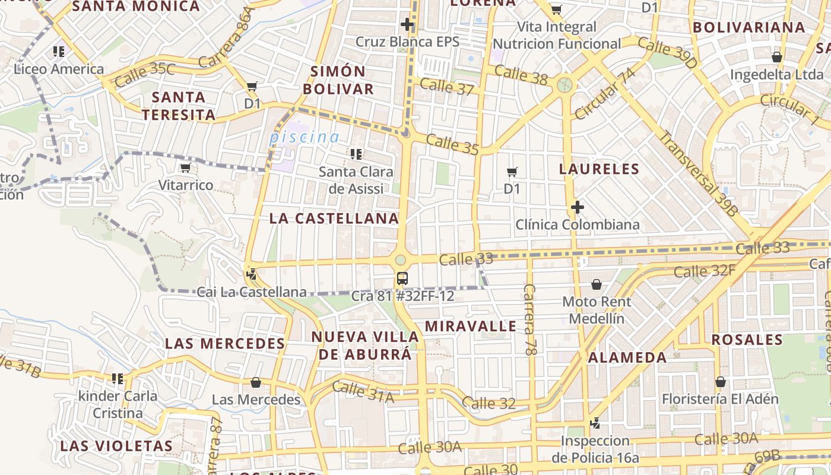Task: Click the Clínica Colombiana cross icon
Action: coord(577,207)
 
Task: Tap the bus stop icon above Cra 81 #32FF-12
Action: coord(402,278)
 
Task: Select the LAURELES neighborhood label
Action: coord(599,169)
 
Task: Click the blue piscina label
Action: coord(305,137)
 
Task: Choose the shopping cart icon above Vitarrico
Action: coord(185,168)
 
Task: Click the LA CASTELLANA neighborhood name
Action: coord(334,218)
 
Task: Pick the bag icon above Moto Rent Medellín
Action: coord(597,285)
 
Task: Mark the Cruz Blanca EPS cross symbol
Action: coord(407,24)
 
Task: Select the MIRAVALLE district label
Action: coord(470,326)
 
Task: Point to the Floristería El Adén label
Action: coord(720,399)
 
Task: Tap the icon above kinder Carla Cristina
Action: coord(118,378)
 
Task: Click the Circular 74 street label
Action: coord(605,93)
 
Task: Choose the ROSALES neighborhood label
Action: coord(747,340)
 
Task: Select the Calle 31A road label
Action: coord(363,392)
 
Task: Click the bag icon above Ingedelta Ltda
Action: coord(776,58)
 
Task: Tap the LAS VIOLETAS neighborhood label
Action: coord(116,446)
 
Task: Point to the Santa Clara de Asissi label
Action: coord(356,180)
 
